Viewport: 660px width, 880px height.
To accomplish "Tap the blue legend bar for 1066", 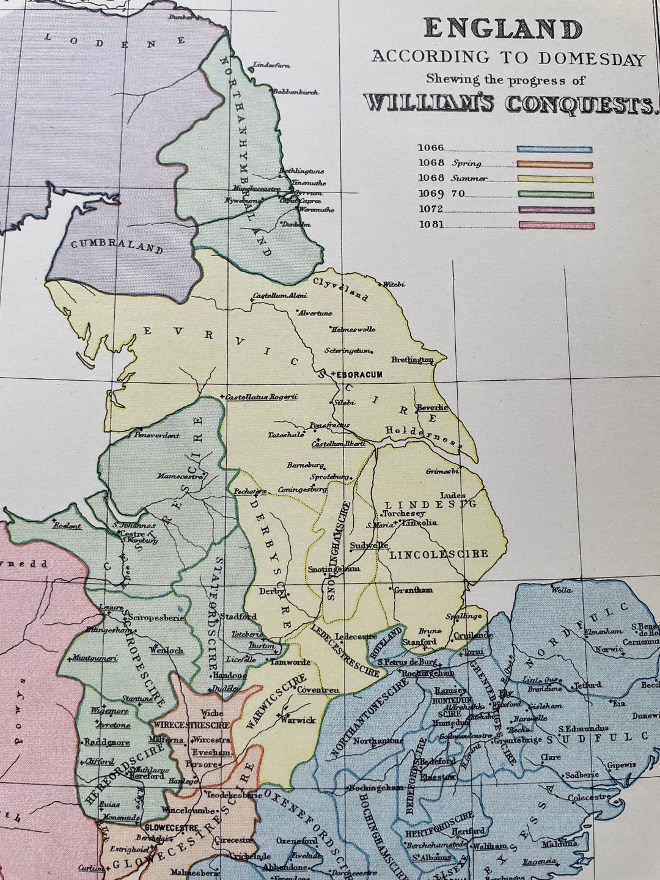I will (x=555, y=149).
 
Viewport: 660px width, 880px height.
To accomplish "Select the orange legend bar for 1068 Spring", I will (x=555, y=164).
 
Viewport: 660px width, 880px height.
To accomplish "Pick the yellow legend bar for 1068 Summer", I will (x=555, y=180).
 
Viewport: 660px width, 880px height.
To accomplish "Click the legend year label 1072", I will (x=431, y=210).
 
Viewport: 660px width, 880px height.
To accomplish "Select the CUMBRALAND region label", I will (x=117, y=246).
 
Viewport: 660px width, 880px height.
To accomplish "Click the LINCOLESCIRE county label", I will (x=439, y=554).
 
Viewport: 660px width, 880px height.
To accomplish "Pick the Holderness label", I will (x=421, y=435).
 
